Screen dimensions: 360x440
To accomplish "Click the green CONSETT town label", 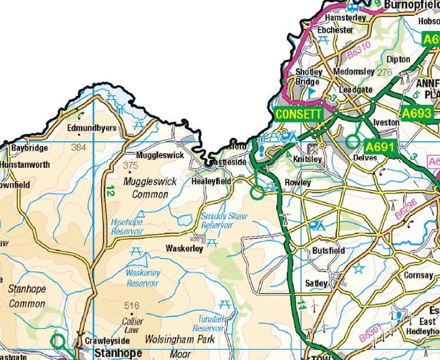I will (298, 114).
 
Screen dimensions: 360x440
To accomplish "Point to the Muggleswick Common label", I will (146, 187).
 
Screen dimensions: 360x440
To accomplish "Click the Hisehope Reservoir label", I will (127, 227).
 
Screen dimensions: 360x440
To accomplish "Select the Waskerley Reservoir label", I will (143, 278).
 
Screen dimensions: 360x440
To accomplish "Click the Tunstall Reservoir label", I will (211, 324).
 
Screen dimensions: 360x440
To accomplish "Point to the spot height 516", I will (132, 306).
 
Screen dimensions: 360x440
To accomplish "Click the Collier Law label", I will (133, 325).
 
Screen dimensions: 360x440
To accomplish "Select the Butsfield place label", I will (328, 251).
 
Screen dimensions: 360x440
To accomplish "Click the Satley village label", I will (316, 283).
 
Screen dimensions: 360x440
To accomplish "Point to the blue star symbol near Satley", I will (359, 269).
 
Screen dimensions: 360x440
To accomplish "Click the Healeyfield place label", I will (211, 181).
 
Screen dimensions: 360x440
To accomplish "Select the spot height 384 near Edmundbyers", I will (79, 147).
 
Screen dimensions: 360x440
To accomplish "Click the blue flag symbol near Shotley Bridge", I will (312, 92).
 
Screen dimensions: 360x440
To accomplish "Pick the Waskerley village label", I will (184, 248).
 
